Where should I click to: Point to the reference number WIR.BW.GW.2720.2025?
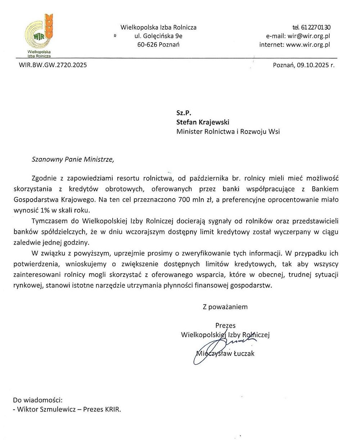coord(53,65)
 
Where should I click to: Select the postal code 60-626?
coord(146,45)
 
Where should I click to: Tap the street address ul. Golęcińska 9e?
coord(158,36)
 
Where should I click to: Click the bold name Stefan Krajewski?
coord(203,122)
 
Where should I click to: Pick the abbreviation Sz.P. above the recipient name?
coord(183,113)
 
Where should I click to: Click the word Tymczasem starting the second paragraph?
coord(49,221)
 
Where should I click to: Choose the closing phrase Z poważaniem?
coord(225,307)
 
